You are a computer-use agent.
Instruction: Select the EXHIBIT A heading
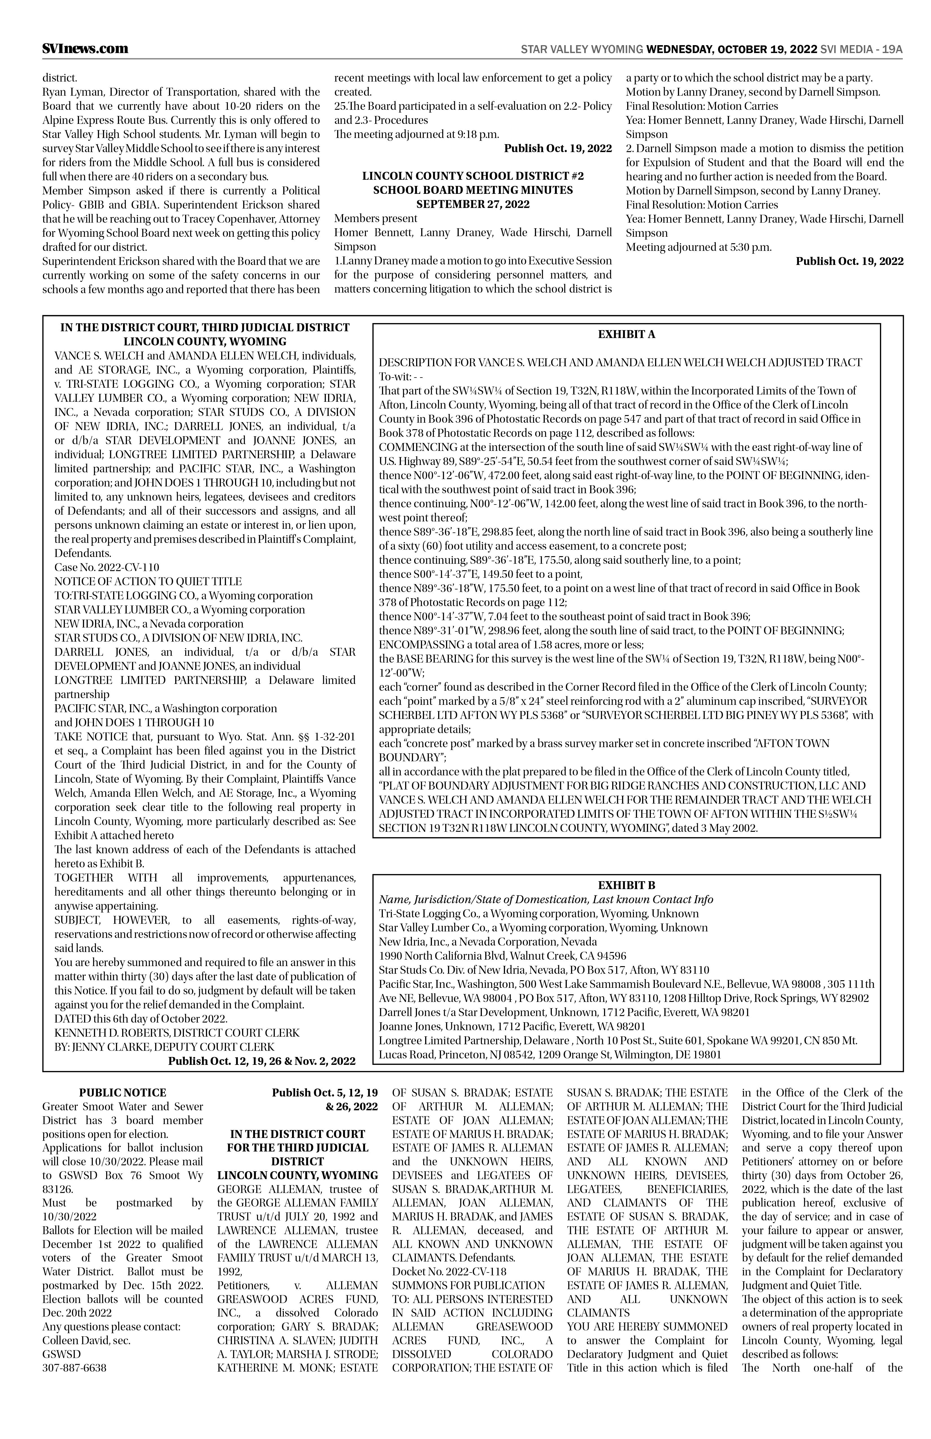coord(626,334)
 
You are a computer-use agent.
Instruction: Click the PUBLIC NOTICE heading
coord(123,1093)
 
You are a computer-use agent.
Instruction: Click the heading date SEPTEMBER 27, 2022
coord(473,204)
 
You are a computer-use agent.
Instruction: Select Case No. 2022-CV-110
coord(107,567)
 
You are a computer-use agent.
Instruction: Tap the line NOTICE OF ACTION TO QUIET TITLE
coord(148,582)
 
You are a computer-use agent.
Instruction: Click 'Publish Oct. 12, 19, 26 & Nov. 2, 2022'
coord(262,1061)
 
